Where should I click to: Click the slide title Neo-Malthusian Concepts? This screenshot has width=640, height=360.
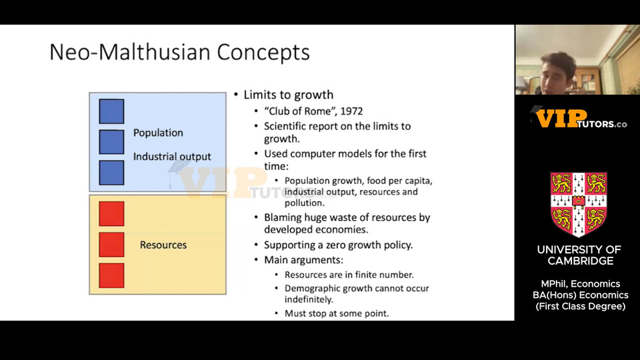179,52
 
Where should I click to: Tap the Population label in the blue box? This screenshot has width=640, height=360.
158,133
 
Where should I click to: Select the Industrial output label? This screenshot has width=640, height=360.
172,157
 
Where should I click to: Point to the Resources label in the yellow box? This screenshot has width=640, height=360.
163,245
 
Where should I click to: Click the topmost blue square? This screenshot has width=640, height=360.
111,111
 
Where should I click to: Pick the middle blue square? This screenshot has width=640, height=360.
111,142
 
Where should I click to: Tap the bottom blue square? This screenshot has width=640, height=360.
111,173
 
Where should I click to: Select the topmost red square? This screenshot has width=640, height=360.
111,213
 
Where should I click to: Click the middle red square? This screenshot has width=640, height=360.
111,245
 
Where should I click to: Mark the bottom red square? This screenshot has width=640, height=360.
111,275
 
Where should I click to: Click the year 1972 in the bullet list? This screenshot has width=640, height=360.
351,111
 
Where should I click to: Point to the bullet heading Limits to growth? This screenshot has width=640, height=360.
289,95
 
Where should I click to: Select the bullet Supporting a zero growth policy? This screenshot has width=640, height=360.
339,245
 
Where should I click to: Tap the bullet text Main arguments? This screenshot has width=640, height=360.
304,260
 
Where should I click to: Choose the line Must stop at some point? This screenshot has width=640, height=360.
337,313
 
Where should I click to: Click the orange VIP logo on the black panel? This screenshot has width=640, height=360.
561,119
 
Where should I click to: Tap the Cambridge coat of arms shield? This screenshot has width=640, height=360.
579,204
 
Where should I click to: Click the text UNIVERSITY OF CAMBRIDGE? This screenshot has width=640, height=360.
579,255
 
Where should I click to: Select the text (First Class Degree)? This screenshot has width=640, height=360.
581,307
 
